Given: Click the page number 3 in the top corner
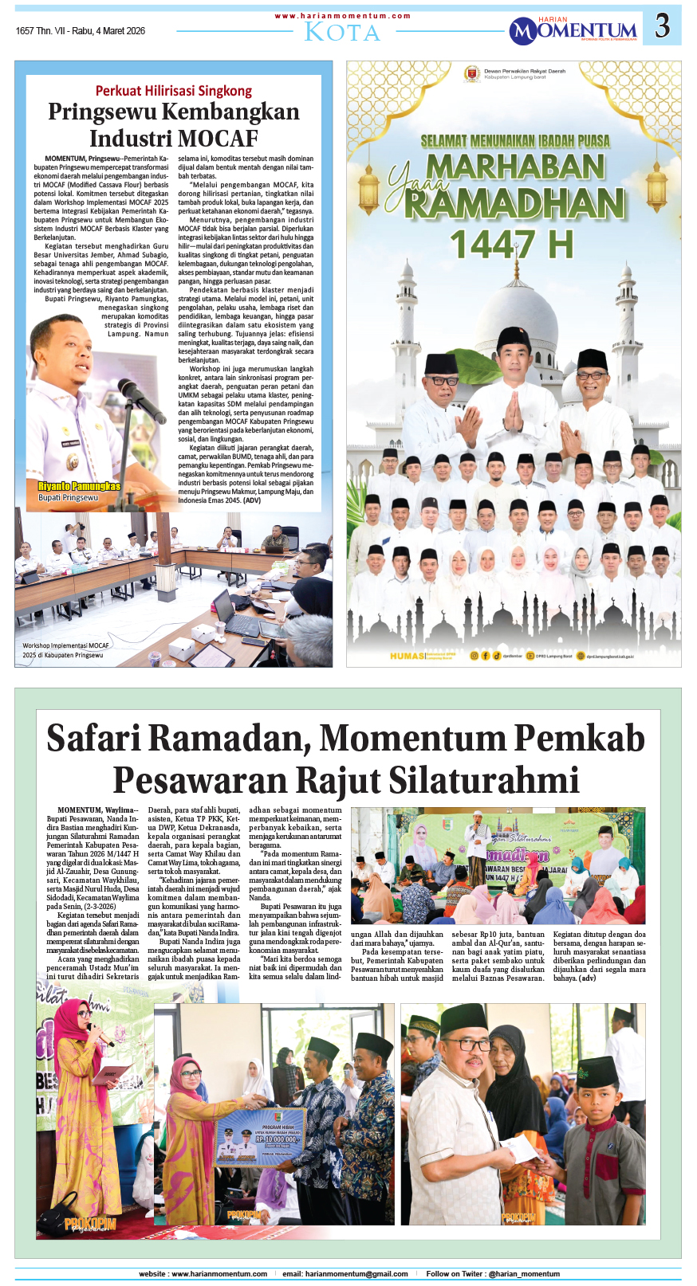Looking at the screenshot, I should coord(662,26).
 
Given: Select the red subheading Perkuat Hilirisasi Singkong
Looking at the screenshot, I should coord(174,91).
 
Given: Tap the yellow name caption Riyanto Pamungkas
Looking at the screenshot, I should coord(80,486).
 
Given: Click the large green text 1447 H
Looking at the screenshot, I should coord(511,245).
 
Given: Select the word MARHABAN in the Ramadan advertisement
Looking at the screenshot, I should coord(515,167).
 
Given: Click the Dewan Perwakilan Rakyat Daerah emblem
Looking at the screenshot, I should coord(472,74).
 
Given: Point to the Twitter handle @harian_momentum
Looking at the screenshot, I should coord(524,1274).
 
